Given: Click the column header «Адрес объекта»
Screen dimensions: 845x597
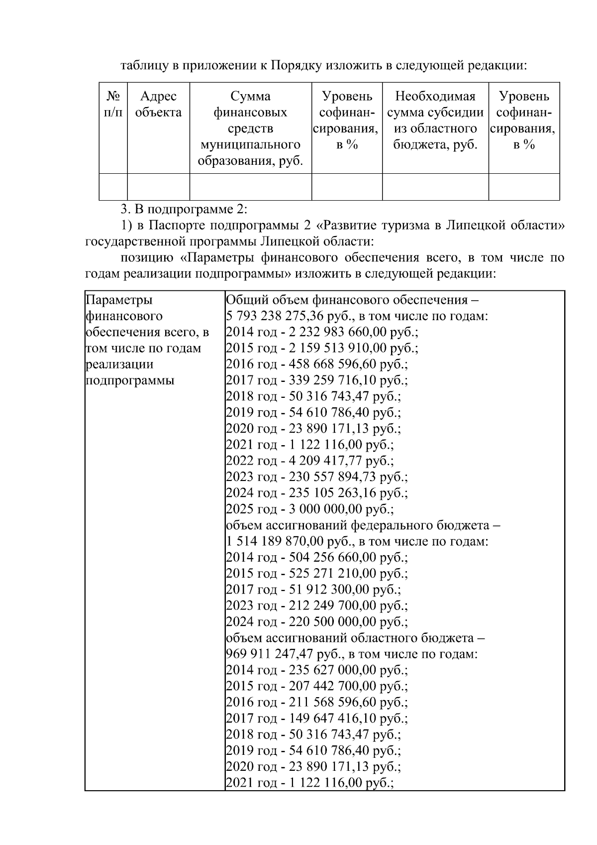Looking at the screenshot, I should pos(158,104).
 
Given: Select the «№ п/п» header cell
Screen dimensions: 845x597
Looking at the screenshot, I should pos(113,104).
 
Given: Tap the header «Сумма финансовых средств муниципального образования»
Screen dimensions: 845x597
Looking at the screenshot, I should pos(250,128).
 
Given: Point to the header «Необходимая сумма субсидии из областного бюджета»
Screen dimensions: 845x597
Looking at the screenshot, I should pos(435,120).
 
